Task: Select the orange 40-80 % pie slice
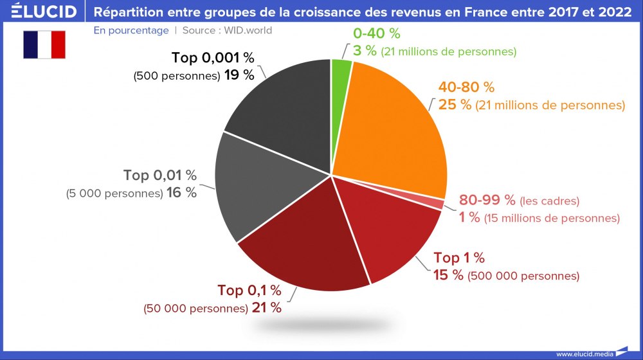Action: pyautogui.click(x=392, y=129)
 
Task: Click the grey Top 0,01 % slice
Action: pyautogui.click(x=251, y=186)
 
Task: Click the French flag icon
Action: pyautogui.click(x=44, y=45)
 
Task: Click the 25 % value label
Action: pyautogui.click(x=455, y=105)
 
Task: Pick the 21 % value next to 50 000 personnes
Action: pyautogui.click(x=266, y=308)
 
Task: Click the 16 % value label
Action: pyautogui.click(x=181, y=193)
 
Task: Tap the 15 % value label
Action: pyautogui.click(x=448, y=276)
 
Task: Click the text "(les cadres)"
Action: pyautogui.click(x=549, y=201)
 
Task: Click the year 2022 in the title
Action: pyautogui.click(x=613, y=12)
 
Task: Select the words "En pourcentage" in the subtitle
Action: pyautogui.click(x=131, y=30)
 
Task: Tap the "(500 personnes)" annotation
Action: pyautogui.click(x=176, y=76)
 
